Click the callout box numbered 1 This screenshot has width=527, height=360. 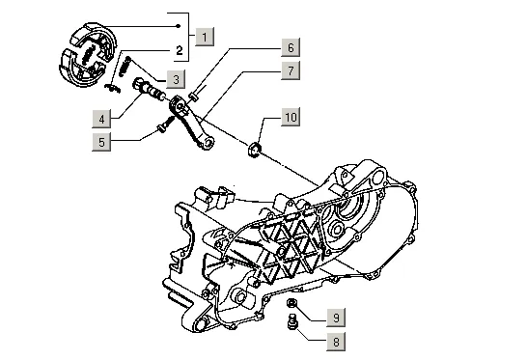tap(205, 37)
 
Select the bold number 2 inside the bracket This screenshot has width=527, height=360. tap(180, 50)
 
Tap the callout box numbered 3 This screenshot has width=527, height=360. tap(176, 80)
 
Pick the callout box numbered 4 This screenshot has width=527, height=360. tap(101, 119)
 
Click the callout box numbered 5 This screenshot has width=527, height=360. tap(101, 142)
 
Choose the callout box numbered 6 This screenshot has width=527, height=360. tap(291, 47)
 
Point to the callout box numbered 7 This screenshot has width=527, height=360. tap(291, 70)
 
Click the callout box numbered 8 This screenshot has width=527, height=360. tap(336, 342)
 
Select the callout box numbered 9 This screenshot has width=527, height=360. tap(336, 318)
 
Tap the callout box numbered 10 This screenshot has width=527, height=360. tap(291, 117)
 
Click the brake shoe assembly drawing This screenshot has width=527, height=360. tap(88, 54)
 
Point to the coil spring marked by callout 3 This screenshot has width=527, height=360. tap(125, 67)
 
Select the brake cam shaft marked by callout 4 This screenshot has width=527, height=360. tap(149, 89)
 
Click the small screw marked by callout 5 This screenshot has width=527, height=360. tap(166, 124)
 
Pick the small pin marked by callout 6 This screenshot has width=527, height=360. tap(193, 97)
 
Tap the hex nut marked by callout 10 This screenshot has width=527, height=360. tap(255, 149)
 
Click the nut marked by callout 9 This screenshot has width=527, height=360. tap(291, 303)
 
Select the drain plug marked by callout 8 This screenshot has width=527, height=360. tap(291, 320)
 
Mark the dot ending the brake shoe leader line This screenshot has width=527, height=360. tap(179, 26)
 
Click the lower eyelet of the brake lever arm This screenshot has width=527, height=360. tap(209, 143)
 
